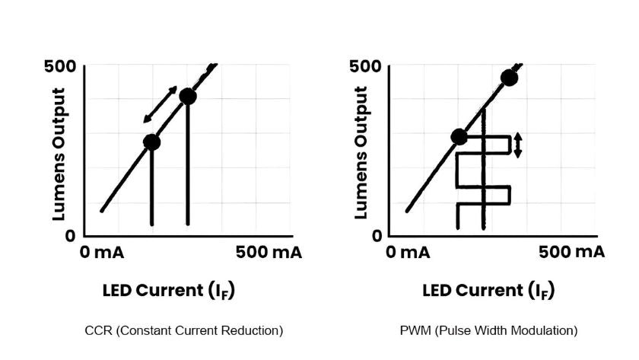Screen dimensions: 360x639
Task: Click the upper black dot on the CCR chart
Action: coord(187,97)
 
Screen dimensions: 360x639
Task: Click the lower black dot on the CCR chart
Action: coord(152,142)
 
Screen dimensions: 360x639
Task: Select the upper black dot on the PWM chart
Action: coord(509,78)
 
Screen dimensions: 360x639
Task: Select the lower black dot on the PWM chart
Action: coord(459,137)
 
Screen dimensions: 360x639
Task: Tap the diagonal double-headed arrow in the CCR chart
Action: coord(160,105)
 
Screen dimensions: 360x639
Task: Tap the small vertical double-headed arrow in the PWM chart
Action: coord(518,145)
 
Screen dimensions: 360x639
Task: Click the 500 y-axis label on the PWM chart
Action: coord(364,66)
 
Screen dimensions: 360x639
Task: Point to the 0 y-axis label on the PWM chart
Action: coord(376,235)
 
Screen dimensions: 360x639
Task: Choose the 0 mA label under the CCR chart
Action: coord(103,253)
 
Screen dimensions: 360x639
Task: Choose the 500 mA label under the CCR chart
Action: coord(268,253)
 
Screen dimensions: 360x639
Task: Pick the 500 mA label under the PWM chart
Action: coord(572,253)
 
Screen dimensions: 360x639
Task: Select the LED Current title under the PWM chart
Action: coord(488,292)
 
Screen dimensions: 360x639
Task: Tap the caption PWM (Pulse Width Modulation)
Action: coord(488,330)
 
